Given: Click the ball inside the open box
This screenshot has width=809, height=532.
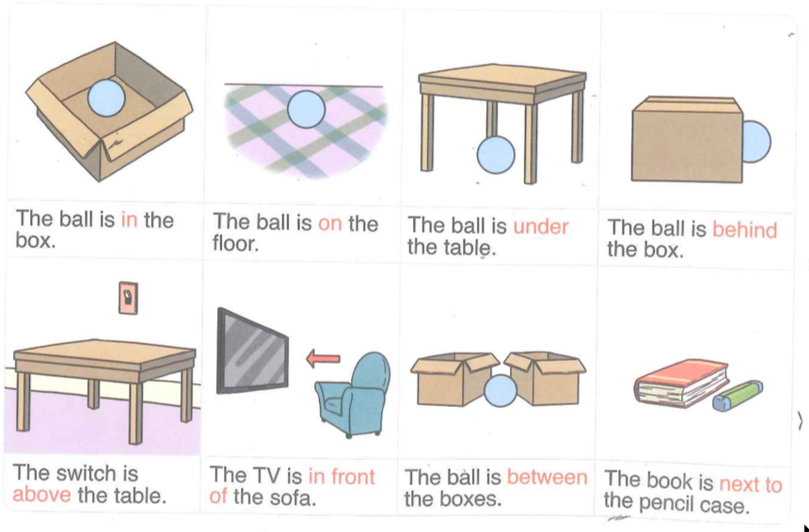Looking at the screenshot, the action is pyautogui.click(x=106, y=98).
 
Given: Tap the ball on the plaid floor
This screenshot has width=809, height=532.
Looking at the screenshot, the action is pyautogui.click(x=306, y=109).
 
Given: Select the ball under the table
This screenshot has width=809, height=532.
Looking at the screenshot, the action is pyautogui.click(x=496, y=155).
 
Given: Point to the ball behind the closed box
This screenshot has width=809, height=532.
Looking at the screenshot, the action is pyautogui.click(x=756, y=142).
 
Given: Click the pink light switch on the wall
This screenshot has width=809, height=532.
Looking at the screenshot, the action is pyautogui.click(x=129, y=297).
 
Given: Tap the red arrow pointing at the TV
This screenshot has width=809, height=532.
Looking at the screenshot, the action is pyautogui.click(x=323, y=358).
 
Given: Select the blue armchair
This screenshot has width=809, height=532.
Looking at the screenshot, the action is pyautogui.click(x=353, y=394).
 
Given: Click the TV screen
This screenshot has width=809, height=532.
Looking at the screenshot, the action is pyautogui.click(x=252, y=351).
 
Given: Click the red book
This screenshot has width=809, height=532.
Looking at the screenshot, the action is pyautogui.click(x=681, y=383).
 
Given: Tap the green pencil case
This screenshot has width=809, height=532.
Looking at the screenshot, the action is pyautogui.click(x=738, y=396).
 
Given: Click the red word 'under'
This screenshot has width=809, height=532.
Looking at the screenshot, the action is pyautogui.click(x=541, y=227).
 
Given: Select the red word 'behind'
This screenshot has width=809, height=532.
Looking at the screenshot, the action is pyautogui.click(x=744, y=229).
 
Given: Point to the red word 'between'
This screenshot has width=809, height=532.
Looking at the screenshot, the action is pyautogui.click(x=547, y=477).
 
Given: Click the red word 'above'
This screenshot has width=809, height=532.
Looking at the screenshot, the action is pyautogui.click(x=41, y=494).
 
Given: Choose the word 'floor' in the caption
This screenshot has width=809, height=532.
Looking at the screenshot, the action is pyautogui.click(x=235, y=243).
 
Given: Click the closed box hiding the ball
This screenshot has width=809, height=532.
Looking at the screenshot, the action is pyautogui.click(x=688, y=139).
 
